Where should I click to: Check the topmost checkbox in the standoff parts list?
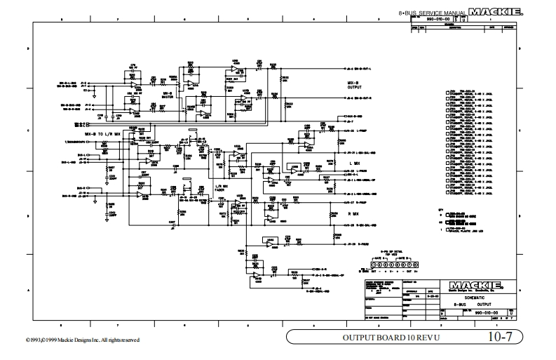(x=448, y=92)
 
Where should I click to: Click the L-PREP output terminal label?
(x=354, y=131)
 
